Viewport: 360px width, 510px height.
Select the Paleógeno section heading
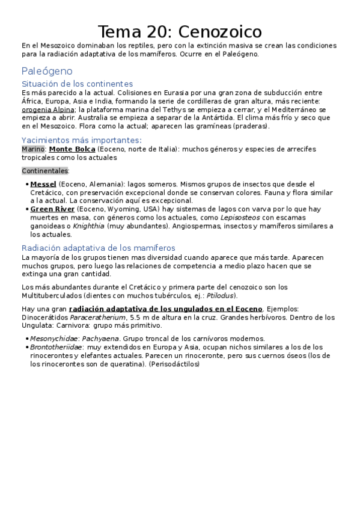click(47, 71)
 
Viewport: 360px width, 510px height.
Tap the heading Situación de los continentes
click(77, 84)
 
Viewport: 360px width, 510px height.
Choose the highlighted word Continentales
click(45, 171)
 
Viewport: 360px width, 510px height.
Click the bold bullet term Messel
click(43, 183)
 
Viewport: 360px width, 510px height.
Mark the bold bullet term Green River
click(52, 209)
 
